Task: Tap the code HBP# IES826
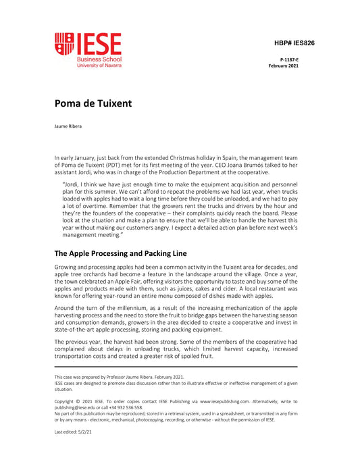coord(294,43)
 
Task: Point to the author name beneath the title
coord(72,126)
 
